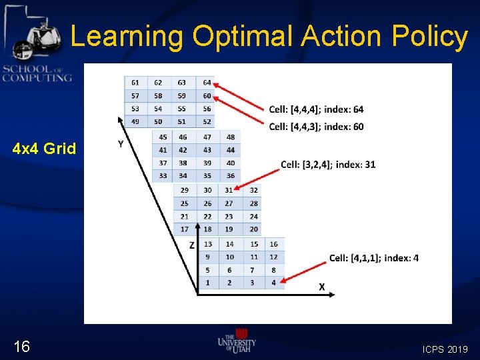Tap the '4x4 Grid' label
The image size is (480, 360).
click(44, 149)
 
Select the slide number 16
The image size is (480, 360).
click(22, 346)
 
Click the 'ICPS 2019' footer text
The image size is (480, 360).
click(445, 349)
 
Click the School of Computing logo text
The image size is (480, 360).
click(37, 73)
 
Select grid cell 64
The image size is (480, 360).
click(207, 83)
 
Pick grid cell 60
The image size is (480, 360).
click(207, 95)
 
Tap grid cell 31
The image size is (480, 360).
click(229, 191)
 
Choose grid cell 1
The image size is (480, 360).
click(208, 283)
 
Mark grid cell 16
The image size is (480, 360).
click(274, 245)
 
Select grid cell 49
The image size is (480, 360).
click(135, 121)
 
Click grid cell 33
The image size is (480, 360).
click(163, 176)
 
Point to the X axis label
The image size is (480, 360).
click(321, 287)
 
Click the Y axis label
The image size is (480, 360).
click(121, 145)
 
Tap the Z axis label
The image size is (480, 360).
click(191, 245)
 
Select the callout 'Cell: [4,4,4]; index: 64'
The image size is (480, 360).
click(316, 109)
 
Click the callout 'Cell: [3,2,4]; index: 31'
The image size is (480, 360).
click(328, 165)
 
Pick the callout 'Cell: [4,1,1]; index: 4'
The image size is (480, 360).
click(373, 258)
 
